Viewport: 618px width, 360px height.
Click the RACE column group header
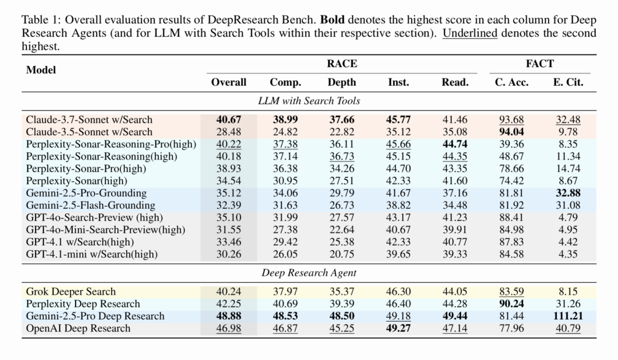[x=342, y=64]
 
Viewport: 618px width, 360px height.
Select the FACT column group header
[x=540, y=64]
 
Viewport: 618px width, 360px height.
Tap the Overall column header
[x=229, y=82]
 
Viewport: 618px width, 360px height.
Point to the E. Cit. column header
[x=568, y=82]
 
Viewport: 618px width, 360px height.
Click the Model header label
[x=41, y=70]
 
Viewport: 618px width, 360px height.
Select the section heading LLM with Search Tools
[x=309, y=101]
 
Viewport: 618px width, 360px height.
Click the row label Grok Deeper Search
[x=71, y=292]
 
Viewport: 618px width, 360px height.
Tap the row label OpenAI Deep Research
[x=78, y=328]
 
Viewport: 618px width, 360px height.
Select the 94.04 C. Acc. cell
[x=512, y=132]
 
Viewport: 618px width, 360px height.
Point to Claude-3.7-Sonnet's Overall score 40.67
[x=229, y=120]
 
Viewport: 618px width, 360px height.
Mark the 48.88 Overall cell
[x=229, y=316]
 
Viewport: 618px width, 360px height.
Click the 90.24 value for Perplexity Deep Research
[x=512, y=304]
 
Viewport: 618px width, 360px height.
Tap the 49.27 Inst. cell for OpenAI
[x=398, y=328]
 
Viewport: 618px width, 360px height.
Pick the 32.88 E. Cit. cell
[x=568, y=193]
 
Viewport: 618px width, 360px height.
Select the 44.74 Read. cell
[x=455, y=144]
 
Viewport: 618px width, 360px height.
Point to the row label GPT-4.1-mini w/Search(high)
[x=92, y=254]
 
